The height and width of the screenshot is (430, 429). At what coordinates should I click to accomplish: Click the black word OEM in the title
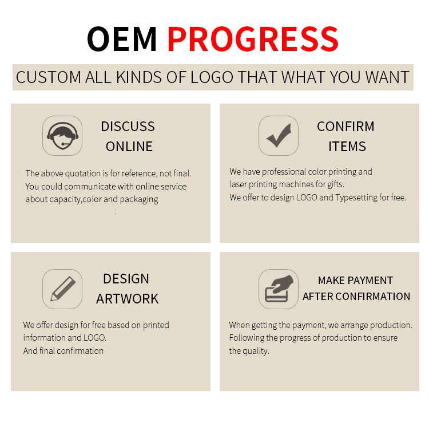122,39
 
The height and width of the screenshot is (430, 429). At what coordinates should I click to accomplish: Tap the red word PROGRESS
253,39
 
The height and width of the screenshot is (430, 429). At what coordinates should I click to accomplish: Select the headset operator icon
62,136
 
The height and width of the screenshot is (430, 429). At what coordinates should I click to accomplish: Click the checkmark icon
279,136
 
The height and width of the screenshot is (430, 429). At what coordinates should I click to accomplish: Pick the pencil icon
63,289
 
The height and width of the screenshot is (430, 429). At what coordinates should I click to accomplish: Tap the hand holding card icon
279,289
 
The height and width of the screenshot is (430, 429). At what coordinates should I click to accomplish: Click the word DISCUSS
128,127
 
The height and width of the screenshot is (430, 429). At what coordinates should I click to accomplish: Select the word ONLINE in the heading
129,147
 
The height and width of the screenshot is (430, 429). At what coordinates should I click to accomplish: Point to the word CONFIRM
345,127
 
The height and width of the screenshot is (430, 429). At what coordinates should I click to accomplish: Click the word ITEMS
347,147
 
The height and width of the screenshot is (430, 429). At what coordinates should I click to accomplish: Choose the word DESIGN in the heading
126,279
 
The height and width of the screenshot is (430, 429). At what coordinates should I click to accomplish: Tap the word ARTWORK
128,299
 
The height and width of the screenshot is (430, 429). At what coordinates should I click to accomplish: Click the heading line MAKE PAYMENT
355,281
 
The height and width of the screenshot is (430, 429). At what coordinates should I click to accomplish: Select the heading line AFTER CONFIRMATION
356,297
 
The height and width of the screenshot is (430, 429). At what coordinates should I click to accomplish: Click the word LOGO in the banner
212,77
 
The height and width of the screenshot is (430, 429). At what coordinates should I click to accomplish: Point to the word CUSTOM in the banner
49,77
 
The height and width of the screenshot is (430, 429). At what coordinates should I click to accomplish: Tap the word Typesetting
356,198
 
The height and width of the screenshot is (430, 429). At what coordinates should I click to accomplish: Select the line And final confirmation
63,351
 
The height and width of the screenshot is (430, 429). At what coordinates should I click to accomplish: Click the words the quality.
249,351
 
